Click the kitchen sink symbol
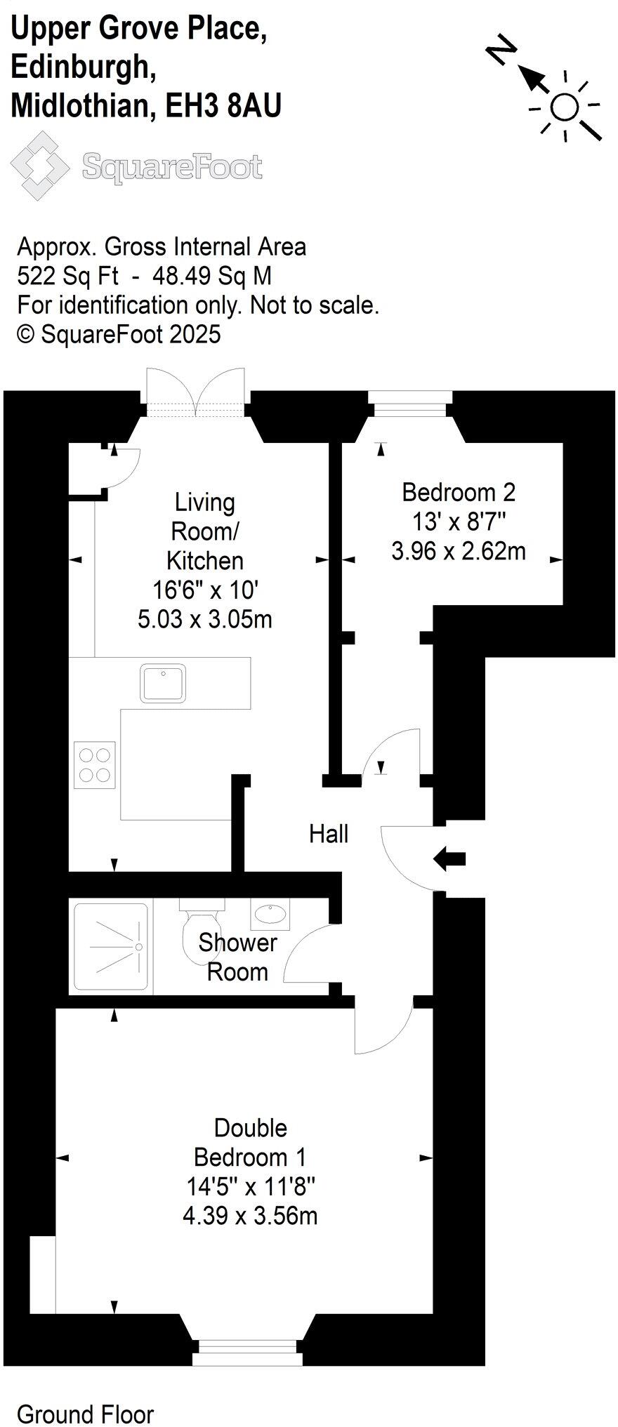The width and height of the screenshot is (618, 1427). tap(163, 683)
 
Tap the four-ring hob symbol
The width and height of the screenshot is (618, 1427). tap(95, 764)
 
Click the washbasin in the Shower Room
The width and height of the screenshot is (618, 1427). tap(270, 914)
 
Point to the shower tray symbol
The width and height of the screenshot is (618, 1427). tap(111, 948)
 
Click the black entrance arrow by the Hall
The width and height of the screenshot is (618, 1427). tap(449, 858)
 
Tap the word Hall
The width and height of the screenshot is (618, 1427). tap(329, 834)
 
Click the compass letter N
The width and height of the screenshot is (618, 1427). tap(501, 52)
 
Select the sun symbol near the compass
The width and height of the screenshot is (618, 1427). tap(564, 107)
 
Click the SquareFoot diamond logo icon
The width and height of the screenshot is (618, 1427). tap(39, 166)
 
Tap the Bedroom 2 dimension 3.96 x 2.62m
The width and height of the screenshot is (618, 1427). tap(459, 551)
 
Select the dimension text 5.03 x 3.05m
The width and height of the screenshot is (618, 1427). tap(205, 619)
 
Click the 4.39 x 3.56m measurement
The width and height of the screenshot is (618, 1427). tap(251, 1215)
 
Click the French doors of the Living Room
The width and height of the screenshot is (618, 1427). tap(197, 394)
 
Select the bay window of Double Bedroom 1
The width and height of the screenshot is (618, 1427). tap(247, 1351)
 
